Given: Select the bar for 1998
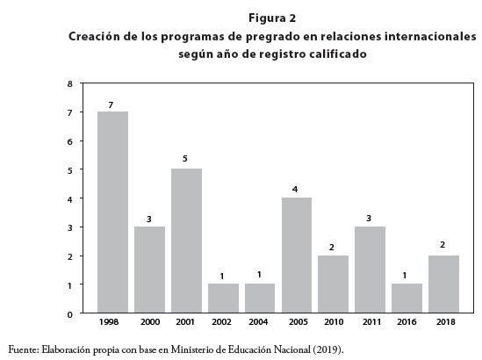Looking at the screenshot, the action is click(x=112, y=212).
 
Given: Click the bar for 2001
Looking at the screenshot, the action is click(x=186, y=241).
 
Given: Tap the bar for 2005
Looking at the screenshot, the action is click(x=297, y=256).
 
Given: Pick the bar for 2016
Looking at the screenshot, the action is click(x=406, y=299).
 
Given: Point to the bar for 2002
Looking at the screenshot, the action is click(x=223, y=299).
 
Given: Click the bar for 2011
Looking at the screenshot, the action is click(x=370, y=270).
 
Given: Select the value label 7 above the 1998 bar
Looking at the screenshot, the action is click(x=111, y=105).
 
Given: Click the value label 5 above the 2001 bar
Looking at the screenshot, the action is click(x=184, y=159).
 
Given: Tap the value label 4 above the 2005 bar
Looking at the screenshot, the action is click(x=295, y=190).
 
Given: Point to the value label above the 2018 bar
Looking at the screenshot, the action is click(x=442, y=245).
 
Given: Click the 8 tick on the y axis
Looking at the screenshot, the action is click(x=70, y=84).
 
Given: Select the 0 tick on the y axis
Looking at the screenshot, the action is click(x=70, y=314).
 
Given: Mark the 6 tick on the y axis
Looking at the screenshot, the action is click(x=70, y=141).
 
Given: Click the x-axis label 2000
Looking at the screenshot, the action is click(x=150, y=322).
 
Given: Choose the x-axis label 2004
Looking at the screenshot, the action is click(x=258, y=322).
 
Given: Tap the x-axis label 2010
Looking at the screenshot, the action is click(x=334, y=322).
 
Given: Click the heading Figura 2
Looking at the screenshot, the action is click(x=272, y=18).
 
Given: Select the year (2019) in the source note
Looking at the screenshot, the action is click(x=328, y=349).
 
